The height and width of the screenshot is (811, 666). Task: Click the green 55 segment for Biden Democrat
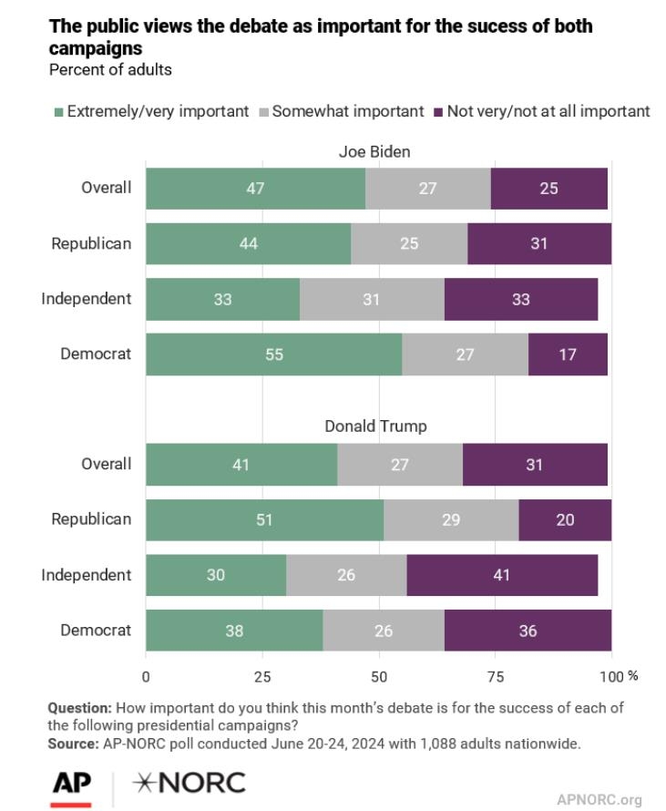tap(273, 354)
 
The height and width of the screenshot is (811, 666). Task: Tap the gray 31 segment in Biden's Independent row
tap(372, 299)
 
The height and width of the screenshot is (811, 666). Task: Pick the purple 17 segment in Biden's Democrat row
tap(568, 354)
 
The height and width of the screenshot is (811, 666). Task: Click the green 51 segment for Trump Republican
tap(264, 519)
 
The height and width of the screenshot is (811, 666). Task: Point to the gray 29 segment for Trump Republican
tap(451, 519)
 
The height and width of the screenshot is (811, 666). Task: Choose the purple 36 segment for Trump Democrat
tap(528, 631)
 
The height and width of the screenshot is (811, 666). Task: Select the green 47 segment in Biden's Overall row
tap(255, 189)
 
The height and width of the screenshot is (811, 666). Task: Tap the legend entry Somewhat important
tap(347, 111)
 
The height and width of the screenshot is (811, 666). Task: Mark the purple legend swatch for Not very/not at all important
tap(438, 112)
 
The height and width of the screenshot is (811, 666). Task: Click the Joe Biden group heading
tap(376, 151)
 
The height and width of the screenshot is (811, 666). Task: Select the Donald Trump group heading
tap(376, 426)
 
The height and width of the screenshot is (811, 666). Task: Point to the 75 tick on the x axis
tap(496, 676)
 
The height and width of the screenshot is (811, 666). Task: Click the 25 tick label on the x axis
tap(262, 676)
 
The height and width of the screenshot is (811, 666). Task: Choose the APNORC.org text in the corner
tap(599, 799)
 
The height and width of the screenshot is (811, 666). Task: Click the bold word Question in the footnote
tap(79, 708)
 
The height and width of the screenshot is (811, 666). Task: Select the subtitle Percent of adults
tap(97, 69)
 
